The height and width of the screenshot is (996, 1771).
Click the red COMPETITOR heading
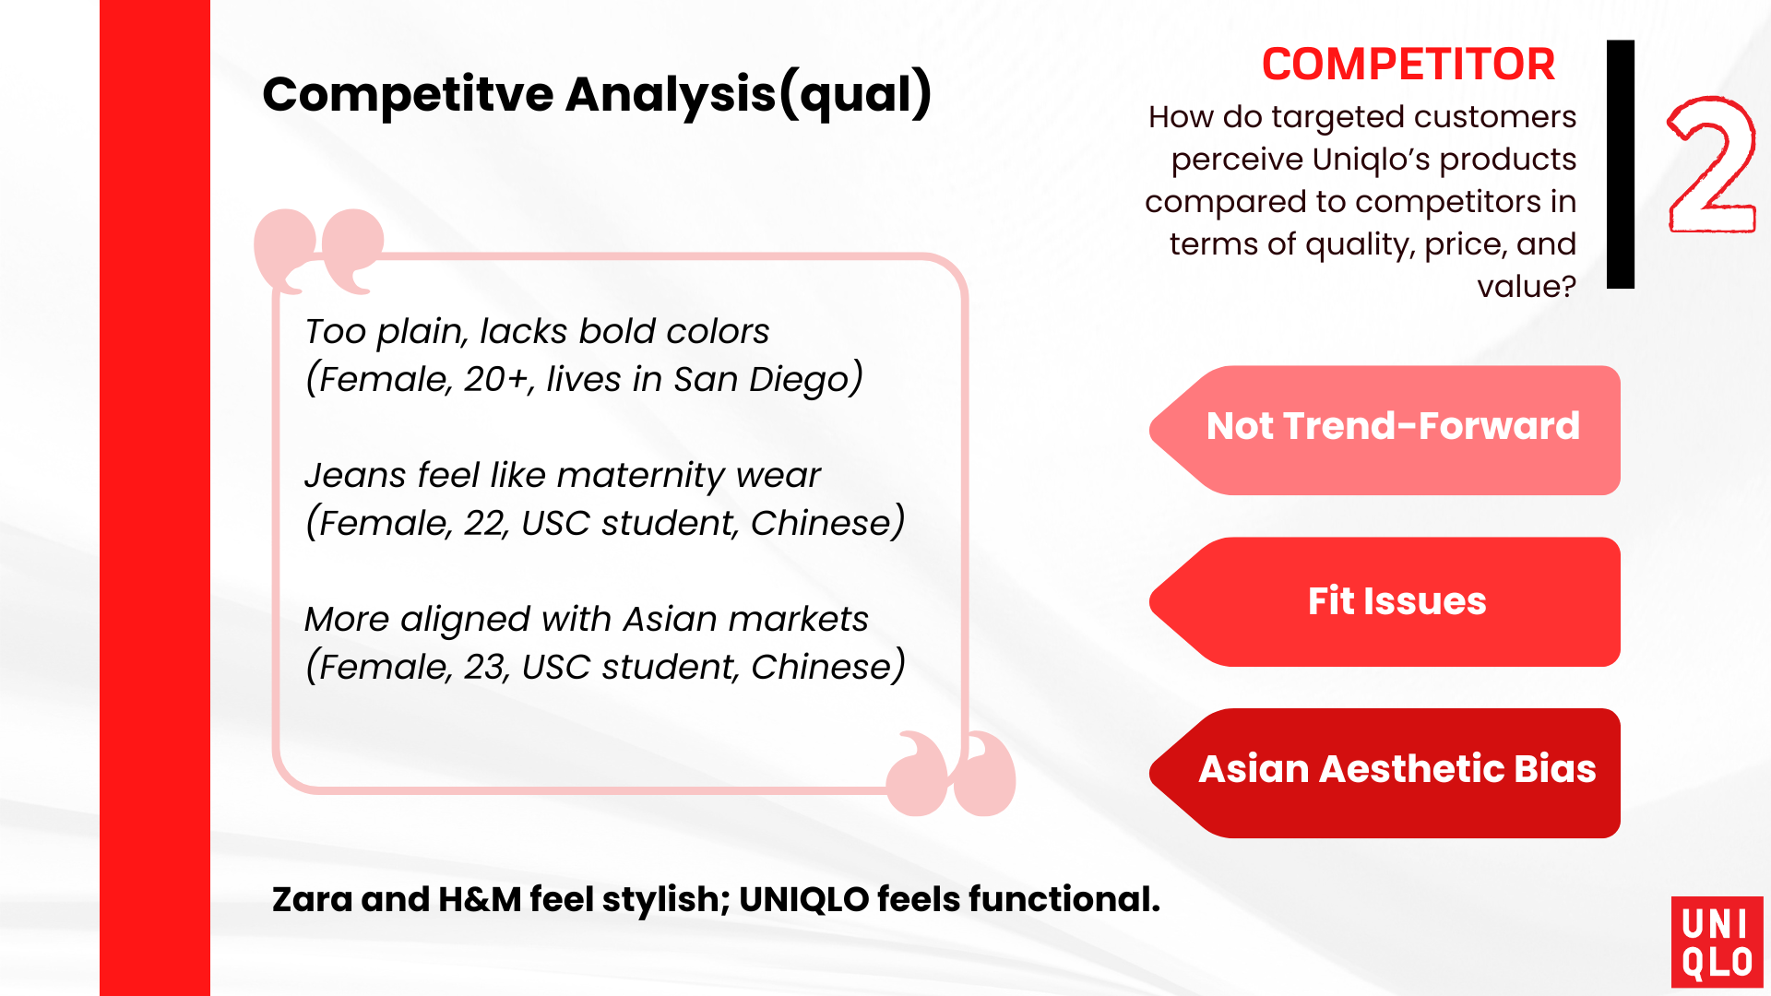coord(1408,65)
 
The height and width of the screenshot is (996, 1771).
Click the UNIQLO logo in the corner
coord(1717,942)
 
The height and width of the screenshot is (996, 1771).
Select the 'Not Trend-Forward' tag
coord(1385,430)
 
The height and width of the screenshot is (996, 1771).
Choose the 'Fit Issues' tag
coord(1385,601)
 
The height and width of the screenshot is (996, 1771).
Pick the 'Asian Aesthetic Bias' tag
coord(1385,773)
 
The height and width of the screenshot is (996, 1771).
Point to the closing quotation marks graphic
coord(950,773)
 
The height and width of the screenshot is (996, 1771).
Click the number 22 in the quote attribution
coord(485,523)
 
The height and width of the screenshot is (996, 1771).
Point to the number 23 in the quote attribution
coord(485,667)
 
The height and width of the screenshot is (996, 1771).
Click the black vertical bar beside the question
coord(1621,164)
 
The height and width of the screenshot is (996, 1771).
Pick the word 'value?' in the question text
coord(1527,287)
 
